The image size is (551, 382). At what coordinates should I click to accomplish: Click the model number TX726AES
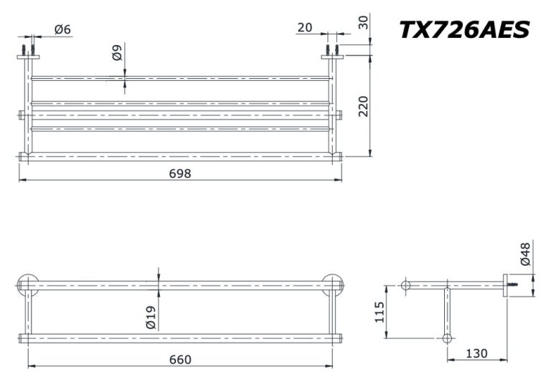coord(464,29)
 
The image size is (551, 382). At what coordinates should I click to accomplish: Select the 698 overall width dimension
coord(180,173)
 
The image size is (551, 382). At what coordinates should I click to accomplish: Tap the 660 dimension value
coord(180,359)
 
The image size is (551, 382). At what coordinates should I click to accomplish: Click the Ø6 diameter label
coord(62,29)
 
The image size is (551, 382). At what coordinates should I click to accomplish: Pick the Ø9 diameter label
coord(118,52)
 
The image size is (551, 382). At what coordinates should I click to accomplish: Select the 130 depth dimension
coord(476,353)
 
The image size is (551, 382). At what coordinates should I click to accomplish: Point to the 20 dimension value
coord(304,27)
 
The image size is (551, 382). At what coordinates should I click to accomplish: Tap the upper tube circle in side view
coord(406,285)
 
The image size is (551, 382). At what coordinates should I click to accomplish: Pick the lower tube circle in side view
coord(448,338)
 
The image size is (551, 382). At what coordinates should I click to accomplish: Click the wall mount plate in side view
coord(505,285)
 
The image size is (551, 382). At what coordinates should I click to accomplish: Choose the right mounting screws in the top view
coord(332,50)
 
